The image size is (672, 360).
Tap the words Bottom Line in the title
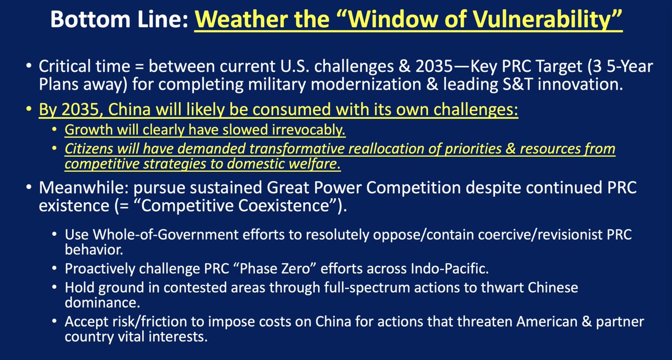112,22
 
